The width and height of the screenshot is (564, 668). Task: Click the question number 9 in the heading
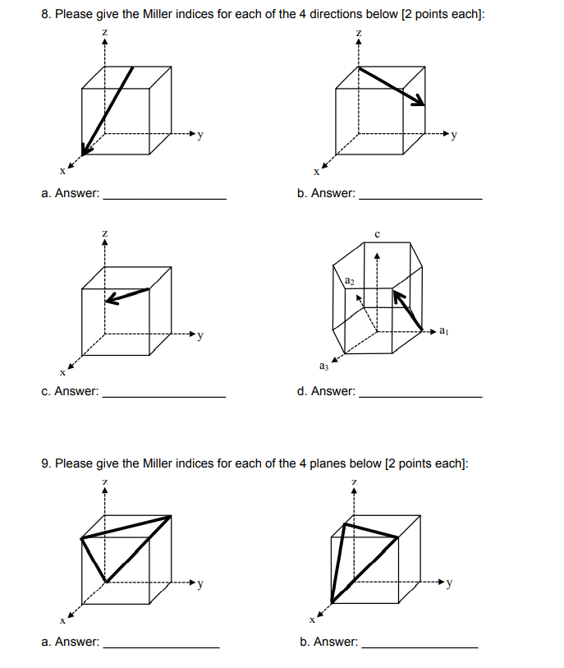(x=45, y=463)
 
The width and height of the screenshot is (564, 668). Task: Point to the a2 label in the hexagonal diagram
(x=350, y=281)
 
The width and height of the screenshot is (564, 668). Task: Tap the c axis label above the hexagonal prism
(x=377, y=235)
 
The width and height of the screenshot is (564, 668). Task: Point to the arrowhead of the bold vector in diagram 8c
(x=111, y=300)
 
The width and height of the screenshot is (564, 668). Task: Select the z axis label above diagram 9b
(x=355, y=480)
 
